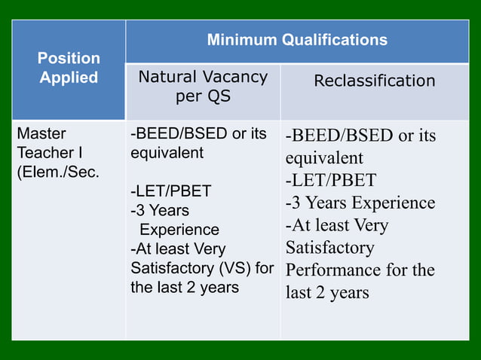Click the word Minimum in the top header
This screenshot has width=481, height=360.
238,40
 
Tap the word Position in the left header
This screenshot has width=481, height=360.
69,58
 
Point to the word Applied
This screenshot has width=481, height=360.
69,78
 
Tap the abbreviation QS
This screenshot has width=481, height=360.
219,97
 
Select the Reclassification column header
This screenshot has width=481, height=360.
375,81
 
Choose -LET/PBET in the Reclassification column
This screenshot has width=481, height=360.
330,181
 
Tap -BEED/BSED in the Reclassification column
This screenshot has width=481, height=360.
339,136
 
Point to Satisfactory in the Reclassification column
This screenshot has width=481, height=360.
329,247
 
